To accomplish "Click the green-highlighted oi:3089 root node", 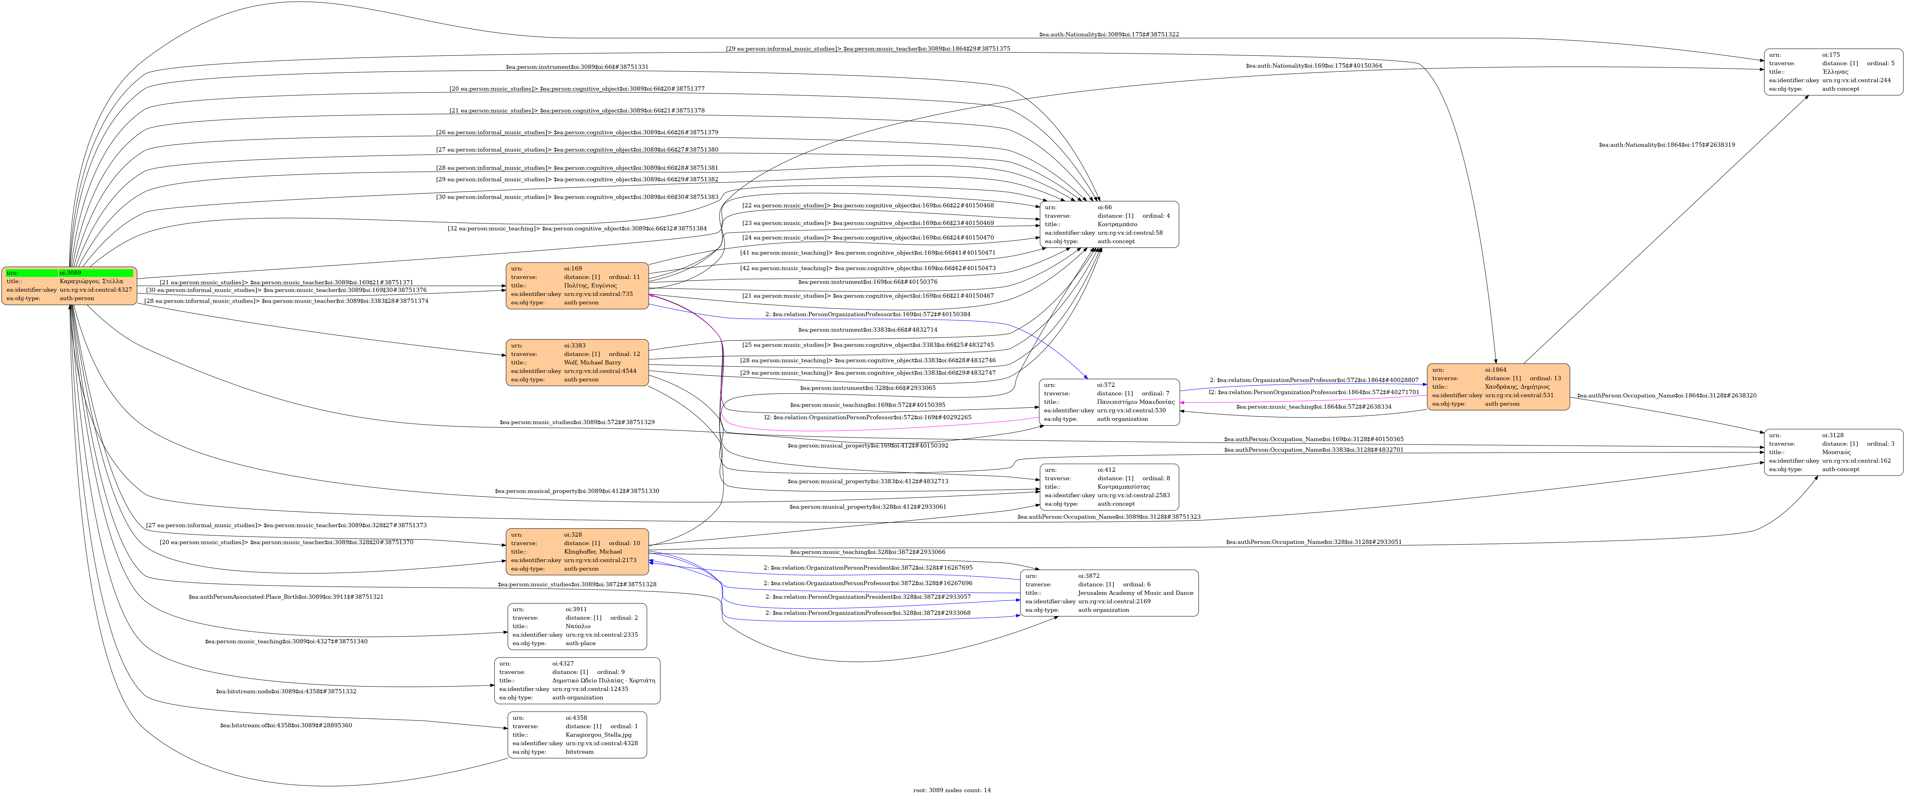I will tap(69, 285).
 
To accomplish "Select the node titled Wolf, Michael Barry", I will tap(577, 362).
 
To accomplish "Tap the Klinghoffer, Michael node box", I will tap(577, 551).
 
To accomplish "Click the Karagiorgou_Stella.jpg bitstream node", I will tap(577, 735).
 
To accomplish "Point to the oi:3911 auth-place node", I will tap(577, 626).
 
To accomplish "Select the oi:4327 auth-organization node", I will tap(577, 680).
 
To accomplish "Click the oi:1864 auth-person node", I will tap(1498, 387).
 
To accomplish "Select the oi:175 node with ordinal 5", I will tap(1833, 72).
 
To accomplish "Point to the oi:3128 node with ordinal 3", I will tap(1833, 452).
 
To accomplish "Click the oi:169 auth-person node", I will tap(577, 285).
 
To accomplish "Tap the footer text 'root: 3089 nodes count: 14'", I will tap(952, 790).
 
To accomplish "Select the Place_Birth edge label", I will tap(286, 597).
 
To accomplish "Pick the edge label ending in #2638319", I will tap(1666, 145).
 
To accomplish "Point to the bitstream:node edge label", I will tap(286, 691).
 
